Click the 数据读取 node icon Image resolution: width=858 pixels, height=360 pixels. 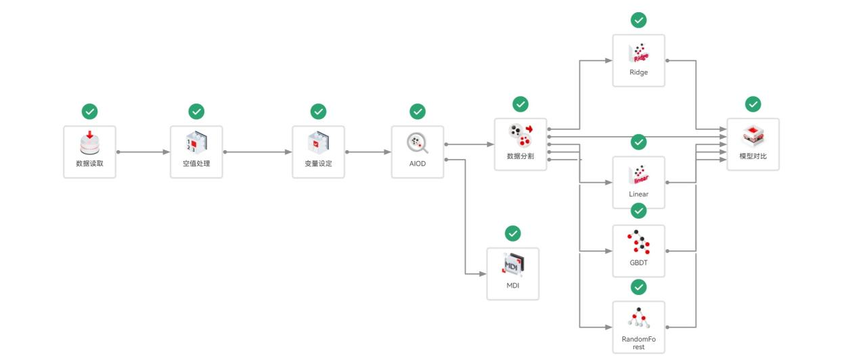(x=89, y=143)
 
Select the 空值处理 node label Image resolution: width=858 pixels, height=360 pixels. (x=196, y=164)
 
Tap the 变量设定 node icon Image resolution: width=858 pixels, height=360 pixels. (x=318, y=143)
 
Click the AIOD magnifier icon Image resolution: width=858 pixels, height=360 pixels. (x=417, y=143)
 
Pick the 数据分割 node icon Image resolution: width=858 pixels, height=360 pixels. (x=520, y=135)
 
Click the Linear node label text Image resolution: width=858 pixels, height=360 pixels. (x=638, y=194)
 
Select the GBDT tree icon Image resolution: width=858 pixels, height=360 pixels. (x=638, y=242)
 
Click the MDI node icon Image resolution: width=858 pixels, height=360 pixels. (x=513, y=265)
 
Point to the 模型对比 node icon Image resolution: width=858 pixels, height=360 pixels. (x=752, y=136)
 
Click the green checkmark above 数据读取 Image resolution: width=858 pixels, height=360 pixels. (x=89, y=111)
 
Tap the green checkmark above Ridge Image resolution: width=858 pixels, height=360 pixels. (x=638, y=20)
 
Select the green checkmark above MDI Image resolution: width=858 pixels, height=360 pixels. (x=513, y=233)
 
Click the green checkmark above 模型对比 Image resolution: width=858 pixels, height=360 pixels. (x=752, y=104)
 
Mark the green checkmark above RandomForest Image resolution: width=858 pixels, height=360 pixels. (x=638, y=288)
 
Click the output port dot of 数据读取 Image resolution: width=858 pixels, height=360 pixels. (x=118, y=152)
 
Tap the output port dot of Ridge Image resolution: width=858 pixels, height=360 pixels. (x=668, y=61)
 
